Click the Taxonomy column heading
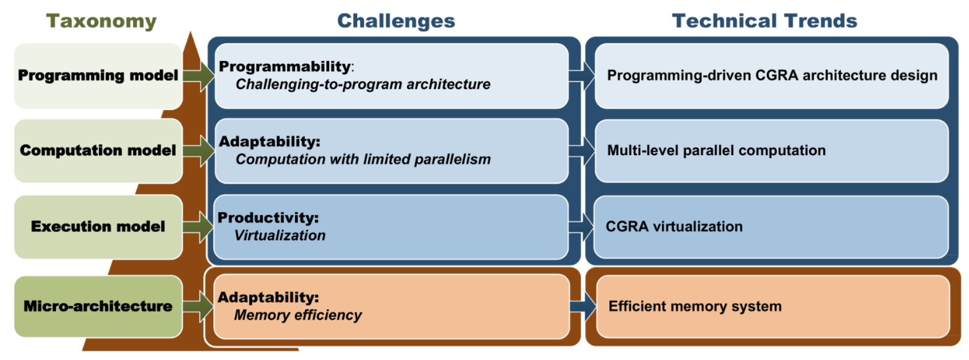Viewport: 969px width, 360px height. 101,22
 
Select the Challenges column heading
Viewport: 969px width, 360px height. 396,21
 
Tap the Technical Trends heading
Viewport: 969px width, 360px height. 764,21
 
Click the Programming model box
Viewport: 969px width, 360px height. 98,76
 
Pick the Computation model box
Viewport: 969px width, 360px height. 98,150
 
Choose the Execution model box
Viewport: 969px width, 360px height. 98,226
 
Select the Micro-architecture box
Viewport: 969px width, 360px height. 98,306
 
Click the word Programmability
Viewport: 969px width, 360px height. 285,66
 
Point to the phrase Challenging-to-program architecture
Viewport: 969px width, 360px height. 363,84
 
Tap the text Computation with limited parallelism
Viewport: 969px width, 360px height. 363,159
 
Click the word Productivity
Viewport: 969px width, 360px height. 268,218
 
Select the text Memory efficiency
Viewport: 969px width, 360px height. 298,315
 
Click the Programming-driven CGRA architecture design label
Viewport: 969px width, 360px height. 772,76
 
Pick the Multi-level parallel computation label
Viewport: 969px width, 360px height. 716,150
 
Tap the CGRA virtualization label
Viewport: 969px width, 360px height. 674,226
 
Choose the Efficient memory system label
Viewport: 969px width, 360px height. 695,306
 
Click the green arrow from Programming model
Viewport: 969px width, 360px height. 199,76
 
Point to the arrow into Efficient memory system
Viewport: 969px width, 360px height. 583,306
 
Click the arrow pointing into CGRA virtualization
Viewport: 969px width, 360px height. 582,226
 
